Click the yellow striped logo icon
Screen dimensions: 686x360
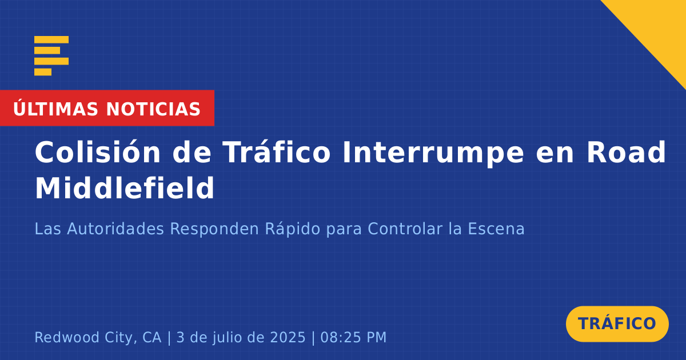coord(51,56)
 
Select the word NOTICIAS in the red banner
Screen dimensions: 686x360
coord(153,109)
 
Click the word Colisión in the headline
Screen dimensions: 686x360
coord(98,152)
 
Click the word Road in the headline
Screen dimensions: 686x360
coord(627,152)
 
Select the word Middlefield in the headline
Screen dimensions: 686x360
coord(125,188)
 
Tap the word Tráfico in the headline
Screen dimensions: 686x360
coord(277,152)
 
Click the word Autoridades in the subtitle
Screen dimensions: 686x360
coord(115,229)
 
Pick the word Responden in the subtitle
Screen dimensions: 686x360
coord(214,229)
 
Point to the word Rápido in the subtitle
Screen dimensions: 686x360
coord(293,229)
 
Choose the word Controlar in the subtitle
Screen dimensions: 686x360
coord(405,229)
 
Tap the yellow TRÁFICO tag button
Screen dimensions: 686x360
coord(617,323)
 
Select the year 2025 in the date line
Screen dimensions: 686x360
coord(288,337)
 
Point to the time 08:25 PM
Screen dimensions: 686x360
coord(353,337)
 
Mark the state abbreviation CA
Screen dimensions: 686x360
coord(151,337)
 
